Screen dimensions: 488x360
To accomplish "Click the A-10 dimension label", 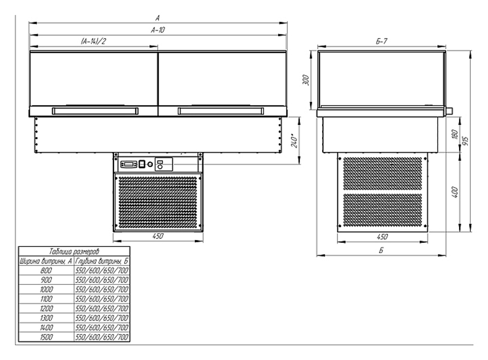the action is [x=158, y=30].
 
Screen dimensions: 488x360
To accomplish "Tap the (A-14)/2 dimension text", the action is [x=91, y=42].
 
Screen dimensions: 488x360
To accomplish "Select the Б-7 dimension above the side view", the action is [x=382, y=42].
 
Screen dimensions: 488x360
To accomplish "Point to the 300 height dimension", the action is [x=306, y=80].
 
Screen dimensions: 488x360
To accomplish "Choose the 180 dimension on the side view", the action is [x=454, y=134].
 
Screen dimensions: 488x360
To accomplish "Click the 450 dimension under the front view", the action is [x=157, y=236].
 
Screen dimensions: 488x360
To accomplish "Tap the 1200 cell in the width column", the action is [x=46, y=308].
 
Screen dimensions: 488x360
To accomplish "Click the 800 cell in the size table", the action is [x=46, y=270].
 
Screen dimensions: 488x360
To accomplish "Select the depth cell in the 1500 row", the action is [x=102, y=337].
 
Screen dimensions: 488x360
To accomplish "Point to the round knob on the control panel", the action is [x=150, y=164].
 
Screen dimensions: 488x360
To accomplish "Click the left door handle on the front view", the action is [x=95, y=111].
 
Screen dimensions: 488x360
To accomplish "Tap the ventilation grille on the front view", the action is [x=157, y=200].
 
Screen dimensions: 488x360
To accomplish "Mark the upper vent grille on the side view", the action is [x=383, y=174].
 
